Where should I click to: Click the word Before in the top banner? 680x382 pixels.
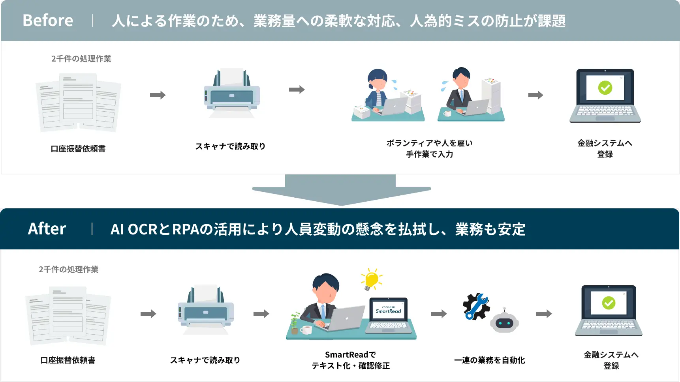pos(48,21)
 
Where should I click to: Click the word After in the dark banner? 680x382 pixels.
pos(47,229)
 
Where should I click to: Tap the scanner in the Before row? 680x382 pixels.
pos(231,94)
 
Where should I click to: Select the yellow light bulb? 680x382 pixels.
pos(371,279)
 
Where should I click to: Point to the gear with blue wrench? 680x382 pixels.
pos(476,306)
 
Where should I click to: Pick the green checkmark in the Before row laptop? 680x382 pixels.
pos(605,88)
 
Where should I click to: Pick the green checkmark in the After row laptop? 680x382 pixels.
pos(609,303)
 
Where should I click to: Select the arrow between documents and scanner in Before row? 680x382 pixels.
pos(158,95)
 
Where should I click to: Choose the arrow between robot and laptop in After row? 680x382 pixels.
pos(544,314)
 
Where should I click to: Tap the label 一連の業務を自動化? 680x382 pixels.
pos(489,360)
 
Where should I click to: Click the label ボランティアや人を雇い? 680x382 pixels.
pos(429,143)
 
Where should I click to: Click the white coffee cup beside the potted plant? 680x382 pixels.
pos(306,330)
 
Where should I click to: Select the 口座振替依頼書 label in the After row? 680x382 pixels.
pos(68,360)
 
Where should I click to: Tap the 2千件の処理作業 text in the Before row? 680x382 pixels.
pos(81,59)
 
